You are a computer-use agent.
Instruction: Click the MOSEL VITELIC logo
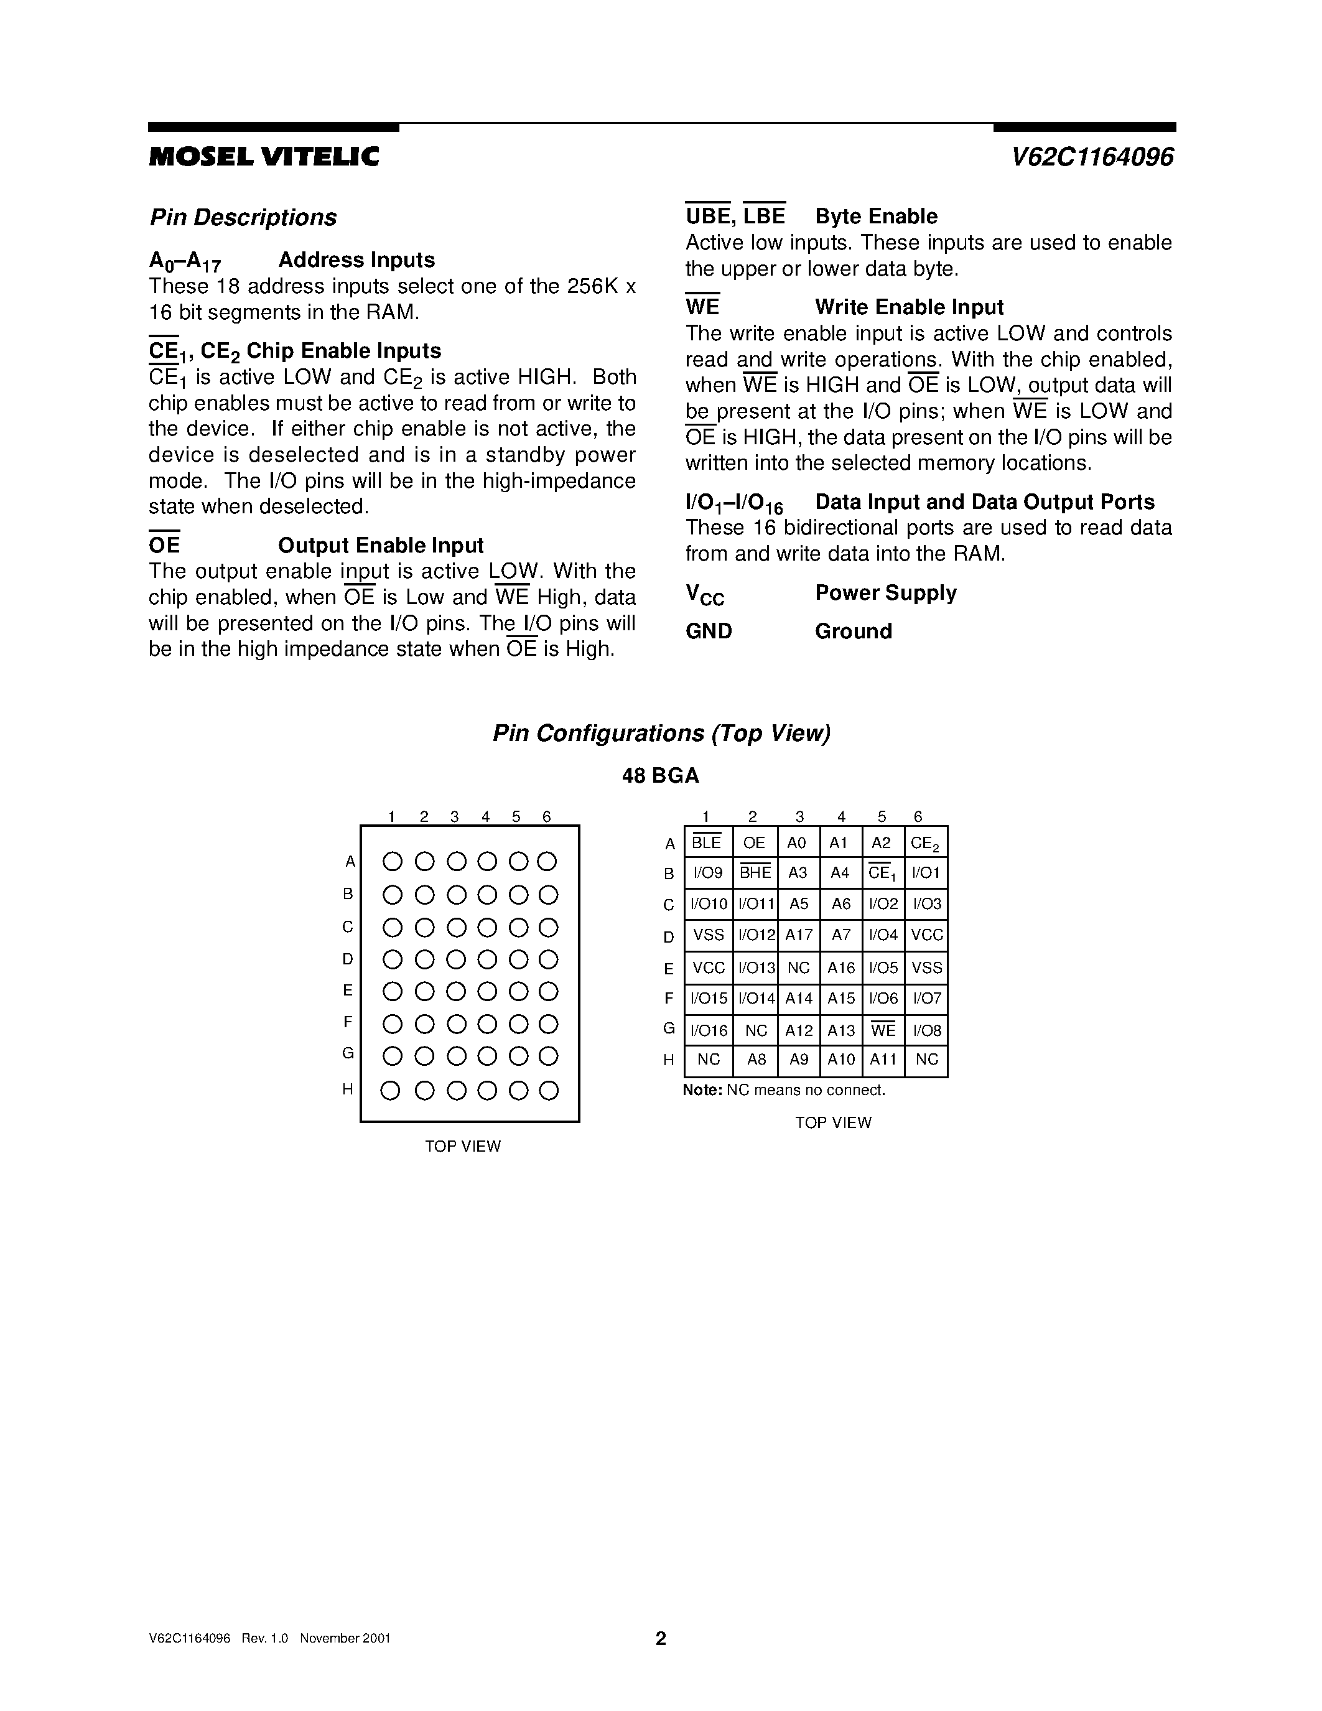click(x=264, y=157)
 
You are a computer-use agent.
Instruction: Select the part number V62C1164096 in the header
click(x=1092, y=157)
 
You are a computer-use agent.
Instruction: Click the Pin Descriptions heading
click(x=243, y=218)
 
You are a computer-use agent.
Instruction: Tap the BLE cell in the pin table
click(x=707, y=843)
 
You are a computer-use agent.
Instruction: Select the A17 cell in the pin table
click(x=799, y=935)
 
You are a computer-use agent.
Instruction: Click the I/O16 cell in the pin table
click(x=708, y=1031)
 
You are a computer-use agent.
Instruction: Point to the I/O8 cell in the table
click(x=926, y=1031)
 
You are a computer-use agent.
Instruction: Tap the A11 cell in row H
click(x=883, y=1060)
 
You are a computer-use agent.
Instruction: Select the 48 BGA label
click(x=660, y=776)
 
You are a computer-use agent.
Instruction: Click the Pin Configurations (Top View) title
click(x=661, y=734)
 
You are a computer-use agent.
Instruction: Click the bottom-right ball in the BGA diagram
click(x=549, y=1091)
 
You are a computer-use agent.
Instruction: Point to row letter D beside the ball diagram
click(x=348, y=959)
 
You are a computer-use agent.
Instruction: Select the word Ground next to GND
click(x=853, y=632)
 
